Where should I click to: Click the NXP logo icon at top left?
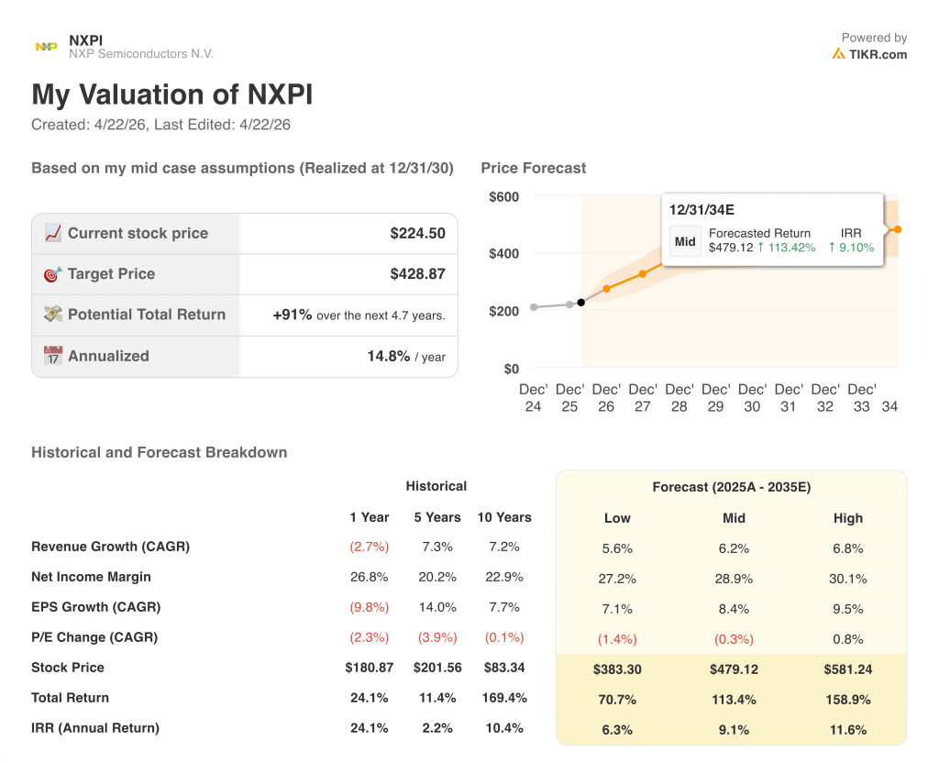(46, 47)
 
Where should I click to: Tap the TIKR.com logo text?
(877, 54)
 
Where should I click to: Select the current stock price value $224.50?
(417, 233)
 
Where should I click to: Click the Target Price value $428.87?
(417, 274)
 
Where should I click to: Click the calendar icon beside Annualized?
(53, 356)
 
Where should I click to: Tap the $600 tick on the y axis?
(503, 196)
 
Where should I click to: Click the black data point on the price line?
(581, 302)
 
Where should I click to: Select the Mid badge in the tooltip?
(685, 241)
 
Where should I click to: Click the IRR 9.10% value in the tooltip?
(851, 248)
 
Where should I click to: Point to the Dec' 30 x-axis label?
(752, 398)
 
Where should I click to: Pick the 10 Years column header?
(504, 517)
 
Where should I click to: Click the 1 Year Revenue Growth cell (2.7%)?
(370, 547)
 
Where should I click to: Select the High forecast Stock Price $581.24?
(848, 669)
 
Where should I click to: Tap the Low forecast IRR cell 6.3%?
(617, 730)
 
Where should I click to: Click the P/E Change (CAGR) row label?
(94, 637)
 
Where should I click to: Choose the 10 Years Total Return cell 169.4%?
(504, 698)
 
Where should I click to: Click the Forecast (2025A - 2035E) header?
(731, 487)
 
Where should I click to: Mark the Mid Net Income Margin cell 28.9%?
(733, 579)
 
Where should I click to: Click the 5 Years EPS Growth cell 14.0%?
(437, 607)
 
